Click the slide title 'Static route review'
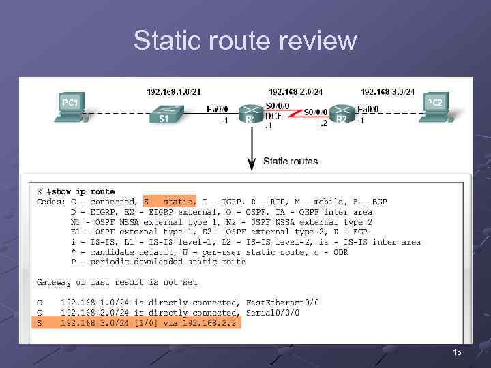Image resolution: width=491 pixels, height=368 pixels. point(245,41)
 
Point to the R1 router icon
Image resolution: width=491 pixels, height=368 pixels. point(251,114)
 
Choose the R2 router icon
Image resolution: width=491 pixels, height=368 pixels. point(342,114)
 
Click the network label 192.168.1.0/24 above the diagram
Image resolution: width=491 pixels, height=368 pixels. point(174,91)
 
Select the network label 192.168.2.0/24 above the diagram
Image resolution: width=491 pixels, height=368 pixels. point(296,91)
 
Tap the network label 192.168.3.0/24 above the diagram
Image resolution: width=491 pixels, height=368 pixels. point(387,91)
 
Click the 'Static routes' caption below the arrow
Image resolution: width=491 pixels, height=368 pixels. point(291,162)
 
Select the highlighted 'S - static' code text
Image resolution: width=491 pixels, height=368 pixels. point(170,201)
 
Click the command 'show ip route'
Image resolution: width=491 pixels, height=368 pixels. point(84,191)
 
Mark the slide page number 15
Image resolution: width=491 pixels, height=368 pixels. point(457,352)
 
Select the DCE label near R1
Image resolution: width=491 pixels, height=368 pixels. point(273,116)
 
